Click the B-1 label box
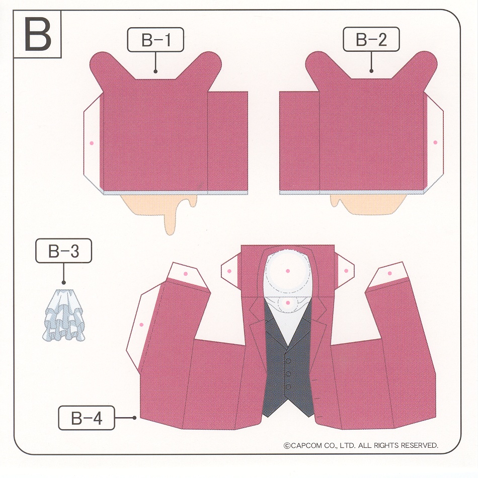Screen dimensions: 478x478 point(155,40)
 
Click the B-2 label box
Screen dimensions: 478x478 point(371,39)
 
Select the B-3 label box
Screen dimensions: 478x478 point(63,251)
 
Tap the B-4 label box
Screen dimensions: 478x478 point(87,418)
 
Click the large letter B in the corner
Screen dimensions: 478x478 point(38,34)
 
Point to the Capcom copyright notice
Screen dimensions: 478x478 point(361,445)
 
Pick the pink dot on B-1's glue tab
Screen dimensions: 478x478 point(92,143)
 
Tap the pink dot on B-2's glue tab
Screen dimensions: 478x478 point(435,142)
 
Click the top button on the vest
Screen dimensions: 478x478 point(288,361)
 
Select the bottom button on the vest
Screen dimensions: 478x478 point(288,386)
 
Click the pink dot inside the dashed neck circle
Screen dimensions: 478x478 point(288,271)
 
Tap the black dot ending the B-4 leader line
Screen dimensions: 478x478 point(134,418)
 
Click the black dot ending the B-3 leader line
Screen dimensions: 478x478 point(64,283)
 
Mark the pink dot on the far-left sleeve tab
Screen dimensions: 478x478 point(141,325)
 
